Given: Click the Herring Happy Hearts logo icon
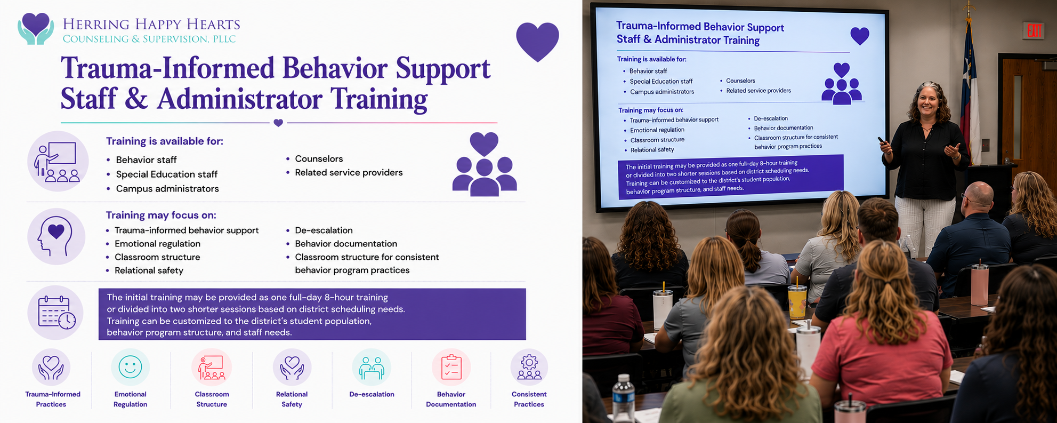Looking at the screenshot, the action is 36,28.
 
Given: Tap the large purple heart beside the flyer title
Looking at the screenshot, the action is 537,42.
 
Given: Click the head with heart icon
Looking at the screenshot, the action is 55,236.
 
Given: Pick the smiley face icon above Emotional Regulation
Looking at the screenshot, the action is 130,367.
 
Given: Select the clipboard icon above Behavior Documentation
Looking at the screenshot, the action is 451,367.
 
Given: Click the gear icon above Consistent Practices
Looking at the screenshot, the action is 529,367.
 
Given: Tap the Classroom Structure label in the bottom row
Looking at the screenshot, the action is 212,399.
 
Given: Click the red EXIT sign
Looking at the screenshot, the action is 1034,30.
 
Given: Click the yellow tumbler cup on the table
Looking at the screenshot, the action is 797,301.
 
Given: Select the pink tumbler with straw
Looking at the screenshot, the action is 980,284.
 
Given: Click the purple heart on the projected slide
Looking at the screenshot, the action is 859,36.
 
